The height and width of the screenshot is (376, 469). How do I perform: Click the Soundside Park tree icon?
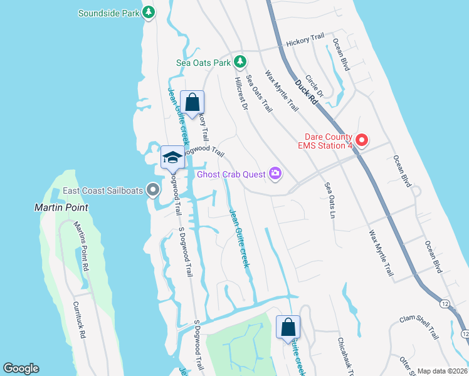pyautogui.click(x=148, y=13)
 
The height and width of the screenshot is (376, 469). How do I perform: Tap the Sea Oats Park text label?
pyautogui.click(x=203, y=63)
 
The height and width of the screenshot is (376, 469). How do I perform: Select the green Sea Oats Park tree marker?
pyautogui.click(x=240, y=61)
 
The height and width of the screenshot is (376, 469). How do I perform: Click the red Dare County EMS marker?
pyautogui.click(x=361, y=139)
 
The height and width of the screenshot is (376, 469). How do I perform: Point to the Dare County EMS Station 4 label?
pyautogui.click(x=325, y=141)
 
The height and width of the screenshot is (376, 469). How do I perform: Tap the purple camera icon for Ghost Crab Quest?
pyautogui.click(x=275, y=174)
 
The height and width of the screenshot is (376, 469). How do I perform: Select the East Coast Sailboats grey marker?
pyautogui.click(x=152, y=189)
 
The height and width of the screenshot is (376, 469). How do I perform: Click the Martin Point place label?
pyautogui.click(x=61, y=207)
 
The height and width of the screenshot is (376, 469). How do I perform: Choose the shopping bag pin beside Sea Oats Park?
pyautogui.click(x=192, y=102)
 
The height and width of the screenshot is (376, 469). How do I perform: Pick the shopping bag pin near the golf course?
pyautogui.click(x=288, y=326)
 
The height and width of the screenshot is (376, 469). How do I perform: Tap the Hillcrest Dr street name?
pyautogui.click(x=241, y=95)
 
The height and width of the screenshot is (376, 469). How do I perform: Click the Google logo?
pyautogui.click(x=21, y=368)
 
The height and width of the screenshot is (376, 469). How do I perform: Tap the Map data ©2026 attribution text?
pyautogui.click(x=441, y=371)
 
